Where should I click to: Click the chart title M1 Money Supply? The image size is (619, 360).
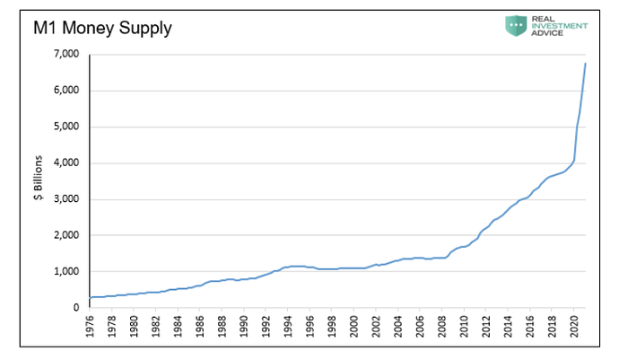(102, 29)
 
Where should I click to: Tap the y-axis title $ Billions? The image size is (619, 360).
(39, 178)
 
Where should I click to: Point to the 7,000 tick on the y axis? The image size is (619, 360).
(66, 53)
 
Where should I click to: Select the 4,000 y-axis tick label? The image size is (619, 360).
(66, 162)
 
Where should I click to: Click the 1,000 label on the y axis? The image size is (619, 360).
(66, 271)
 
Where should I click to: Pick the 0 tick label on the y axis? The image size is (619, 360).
(76, 307)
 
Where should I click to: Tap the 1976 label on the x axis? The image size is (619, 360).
(90, 326)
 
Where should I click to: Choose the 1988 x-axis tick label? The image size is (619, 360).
(222, 326)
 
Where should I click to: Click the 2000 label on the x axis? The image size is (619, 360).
(354, 326)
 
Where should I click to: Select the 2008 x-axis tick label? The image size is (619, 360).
(442, 326)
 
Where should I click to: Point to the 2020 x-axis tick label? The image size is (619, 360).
(574, 326)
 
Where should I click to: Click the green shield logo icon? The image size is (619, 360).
(516, 26)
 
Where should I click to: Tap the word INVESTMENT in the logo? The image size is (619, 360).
(560, 26)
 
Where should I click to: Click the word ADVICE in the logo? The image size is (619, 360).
(547, 33)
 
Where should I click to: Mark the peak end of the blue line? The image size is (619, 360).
(585, 63)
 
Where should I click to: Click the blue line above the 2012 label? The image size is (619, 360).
(486, 228)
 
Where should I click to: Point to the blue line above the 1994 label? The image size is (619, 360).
(288, 268)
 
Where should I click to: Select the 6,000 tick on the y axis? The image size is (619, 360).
(66, 90)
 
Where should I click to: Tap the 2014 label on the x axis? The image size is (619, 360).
(508, 326)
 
